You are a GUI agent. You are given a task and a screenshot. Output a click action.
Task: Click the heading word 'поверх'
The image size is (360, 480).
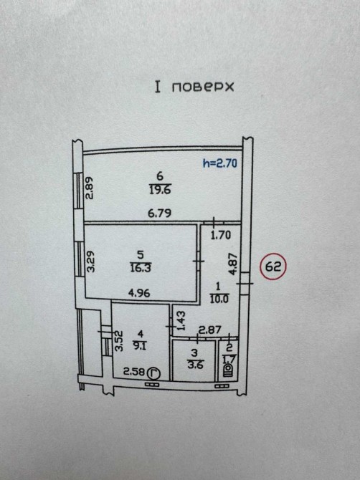click(202, 87)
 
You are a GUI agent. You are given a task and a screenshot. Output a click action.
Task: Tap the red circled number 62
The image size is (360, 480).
click(273, 267)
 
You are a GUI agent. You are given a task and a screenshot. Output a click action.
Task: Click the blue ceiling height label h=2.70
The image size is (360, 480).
click(220, 163)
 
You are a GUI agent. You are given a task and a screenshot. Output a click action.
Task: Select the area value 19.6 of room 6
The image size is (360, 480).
click(160, 190)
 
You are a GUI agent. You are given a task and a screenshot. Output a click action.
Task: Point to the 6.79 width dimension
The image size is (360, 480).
click(160, 213)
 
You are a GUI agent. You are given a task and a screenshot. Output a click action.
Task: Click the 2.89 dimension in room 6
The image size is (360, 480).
click(89, 188)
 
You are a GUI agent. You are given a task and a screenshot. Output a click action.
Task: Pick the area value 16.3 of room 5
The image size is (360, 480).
click(141, 268)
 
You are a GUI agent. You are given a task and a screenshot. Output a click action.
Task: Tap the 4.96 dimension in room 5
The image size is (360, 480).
click(139, 293)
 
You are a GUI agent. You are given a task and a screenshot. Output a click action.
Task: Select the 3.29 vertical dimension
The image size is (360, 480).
click(90, 261)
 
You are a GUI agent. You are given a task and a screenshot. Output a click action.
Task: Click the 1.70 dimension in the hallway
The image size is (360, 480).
click(221, 235)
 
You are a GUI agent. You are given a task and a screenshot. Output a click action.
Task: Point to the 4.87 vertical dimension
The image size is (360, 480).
click(234, 264)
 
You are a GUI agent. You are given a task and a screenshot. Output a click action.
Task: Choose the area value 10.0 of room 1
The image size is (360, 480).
click(219, 298)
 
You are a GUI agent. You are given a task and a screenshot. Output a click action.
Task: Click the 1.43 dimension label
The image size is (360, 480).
click(181, 320)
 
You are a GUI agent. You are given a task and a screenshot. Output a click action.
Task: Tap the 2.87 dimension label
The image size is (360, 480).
click(210, 330)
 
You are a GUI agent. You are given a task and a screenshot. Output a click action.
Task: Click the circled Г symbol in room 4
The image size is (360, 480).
click(154, 373)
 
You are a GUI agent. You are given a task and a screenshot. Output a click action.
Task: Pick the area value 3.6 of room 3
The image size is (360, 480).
click(195, 365)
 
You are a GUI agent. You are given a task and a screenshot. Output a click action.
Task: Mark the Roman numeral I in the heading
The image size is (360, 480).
click(158, 87)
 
